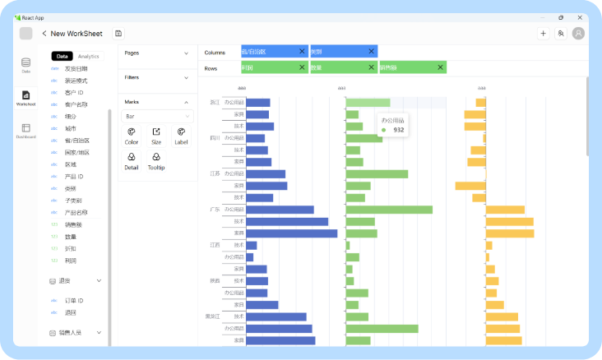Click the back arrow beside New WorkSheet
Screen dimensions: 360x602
44,34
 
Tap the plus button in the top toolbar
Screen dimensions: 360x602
543,34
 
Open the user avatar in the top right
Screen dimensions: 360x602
579,34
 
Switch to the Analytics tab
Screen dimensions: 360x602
89,57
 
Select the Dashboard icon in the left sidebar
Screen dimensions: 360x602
25,131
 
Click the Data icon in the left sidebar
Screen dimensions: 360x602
25,65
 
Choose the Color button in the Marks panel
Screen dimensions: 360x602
132,135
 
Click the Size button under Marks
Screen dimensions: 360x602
156,135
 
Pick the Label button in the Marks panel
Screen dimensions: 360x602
181,135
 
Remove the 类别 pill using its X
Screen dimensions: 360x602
371,52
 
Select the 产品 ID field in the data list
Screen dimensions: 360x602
74,177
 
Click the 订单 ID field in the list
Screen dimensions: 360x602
75,300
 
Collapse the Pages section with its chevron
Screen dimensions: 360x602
187,53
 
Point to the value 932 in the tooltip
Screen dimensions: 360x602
399,130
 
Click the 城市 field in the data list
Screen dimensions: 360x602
70,129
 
